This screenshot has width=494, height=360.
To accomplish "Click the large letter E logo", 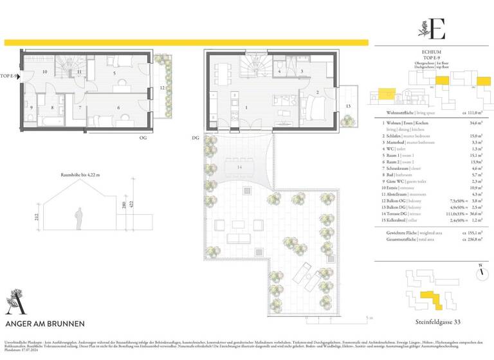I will click(x=439, y=28).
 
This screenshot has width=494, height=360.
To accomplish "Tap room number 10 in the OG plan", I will click(x=46, y=72).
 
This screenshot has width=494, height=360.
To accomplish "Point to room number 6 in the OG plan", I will click(x=119, y=107).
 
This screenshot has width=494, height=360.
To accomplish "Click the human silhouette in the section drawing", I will click(x=78, y=217).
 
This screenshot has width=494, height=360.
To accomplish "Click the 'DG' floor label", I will click(x=195, y=137).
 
